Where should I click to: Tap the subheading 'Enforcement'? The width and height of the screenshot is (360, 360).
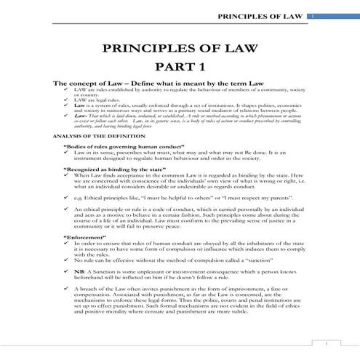pyautogui.click(x=84, y=237)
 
